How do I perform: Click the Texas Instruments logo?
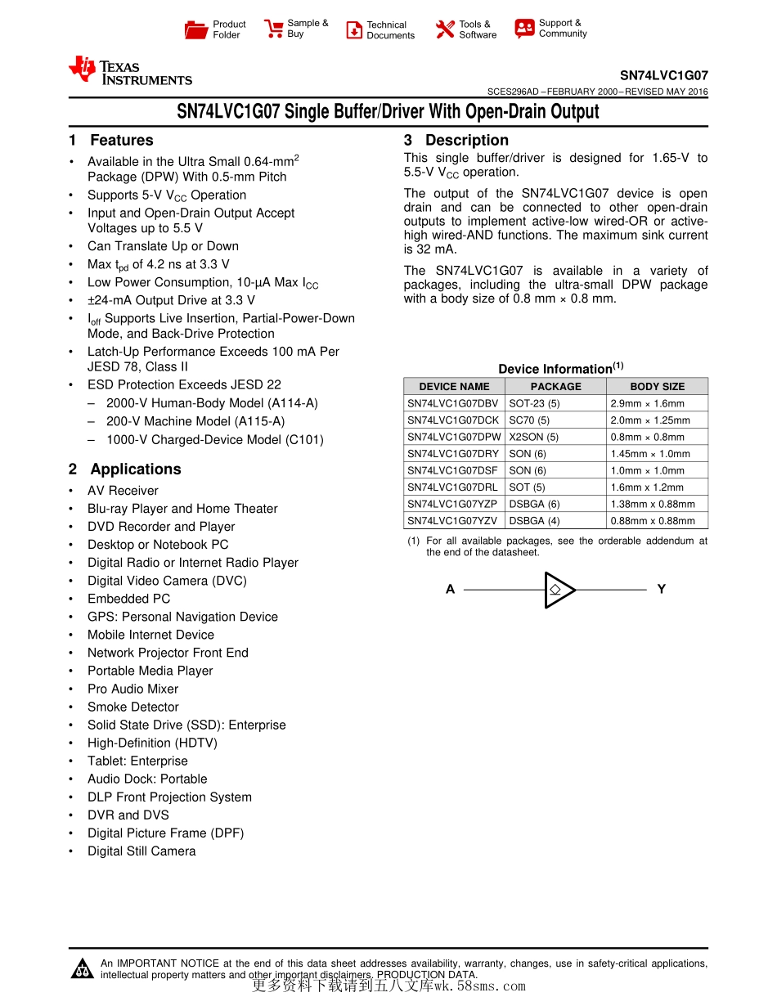tap(130, 71)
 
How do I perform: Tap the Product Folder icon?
tap(196, 30)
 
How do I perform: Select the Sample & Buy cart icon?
tap(273, 29)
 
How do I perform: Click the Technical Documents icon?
tap(354, 30)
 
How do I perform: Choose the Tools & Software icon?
tap(445, 30)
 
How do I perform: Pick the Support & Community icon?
tap(524, 29)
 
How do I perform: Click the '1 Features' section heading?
tap(111, 141)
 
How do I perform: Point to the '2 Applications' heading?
tap(125, 469)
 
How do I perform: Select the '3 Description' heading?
tap(456, 141)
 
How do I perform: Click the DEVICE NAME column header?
tap(454, 387)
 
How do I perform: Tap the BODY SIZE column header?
tap(657, 387)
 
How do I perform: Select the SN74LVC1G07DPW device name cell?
tap(454, 437)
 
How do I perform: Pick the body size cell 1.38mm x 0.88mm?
tap(653, 504)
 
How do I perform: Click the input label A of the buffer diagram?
tap(450, 590)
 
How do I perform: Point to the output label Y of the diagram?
tap(661, 590)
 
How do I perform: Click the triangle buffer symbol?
tap(559, 590)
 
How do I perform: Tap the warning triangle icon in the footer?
tap(83, 969)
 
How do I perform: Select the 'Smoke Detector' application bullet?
tap(133, 707)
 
